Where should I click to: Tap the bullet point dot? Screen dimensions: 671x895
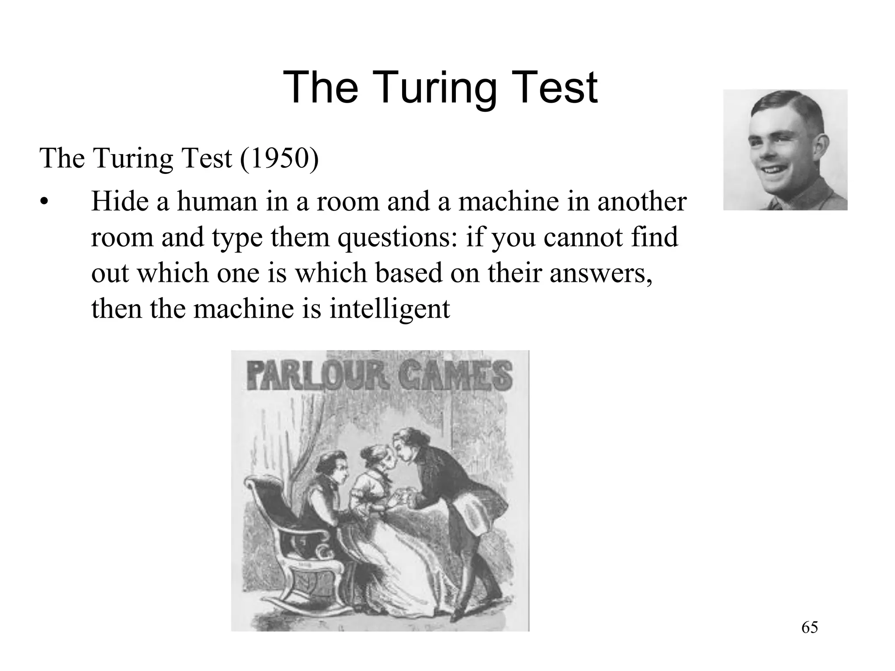coord(43,203)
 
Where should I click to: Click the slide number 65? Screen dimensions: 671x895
coord(810,628)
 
